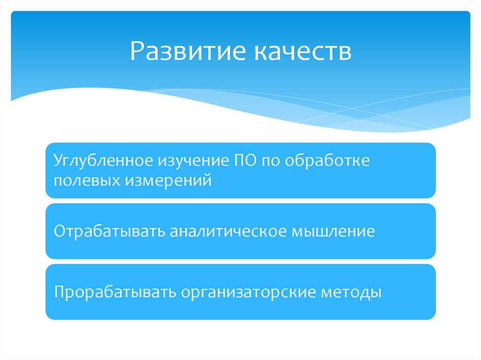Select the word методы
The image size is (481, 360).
pyautogui.click(x=351, y=292)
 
